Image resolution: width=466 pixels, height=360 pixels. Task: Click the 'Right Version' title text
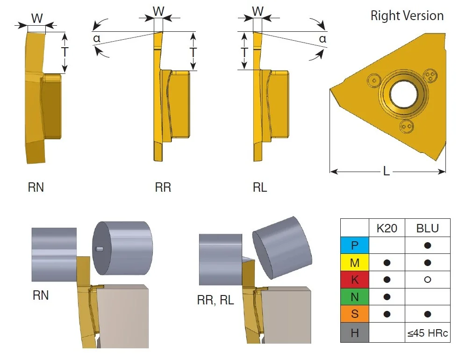click(407, 15)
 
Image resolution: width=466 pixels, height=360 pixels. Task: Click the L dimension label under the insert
click(387, 171)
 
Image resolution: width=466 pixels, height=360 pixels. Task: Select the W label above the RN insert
click(37, 18)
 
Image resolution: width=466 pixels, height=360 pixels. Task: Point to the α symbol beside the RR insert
click(97, 39)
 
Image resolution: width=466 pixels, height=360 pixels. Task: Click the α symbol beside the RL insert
click(323, 39)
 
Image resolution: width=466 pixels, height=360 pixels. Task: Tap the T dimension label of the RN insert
click(65, 52)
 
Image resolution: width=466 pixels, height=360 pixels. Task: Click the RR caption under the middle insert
click(163, 187)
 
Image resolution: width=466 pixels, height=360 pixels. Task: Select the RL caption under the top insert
click(260, 187)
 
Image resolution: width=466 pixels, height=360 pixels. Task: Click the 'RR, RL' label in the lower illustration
click(215, 300)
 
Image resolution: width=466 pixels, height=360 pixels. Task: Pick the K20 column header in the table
click(387, 228)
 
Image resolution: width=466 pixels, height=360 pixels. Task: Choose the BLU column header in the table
click(427, 228)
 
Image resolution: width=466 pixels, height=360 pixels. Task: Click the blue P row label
click(355, 245)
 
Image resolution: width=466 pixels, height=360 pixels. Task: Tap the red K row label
click(355, 280)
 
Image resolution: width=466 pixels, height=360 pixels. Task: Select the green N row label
click(355, 297)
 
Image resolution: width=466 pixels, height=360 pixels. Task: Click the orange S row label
click(355, 314)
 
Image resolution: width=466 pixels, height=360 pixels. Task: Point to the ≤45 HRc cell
click(427, 333)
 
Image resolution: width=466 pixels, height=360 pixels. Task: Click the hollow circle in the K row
click(427, 280)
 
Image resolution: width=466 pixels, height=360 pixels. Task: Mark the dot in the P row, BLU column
click(427, 245)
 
